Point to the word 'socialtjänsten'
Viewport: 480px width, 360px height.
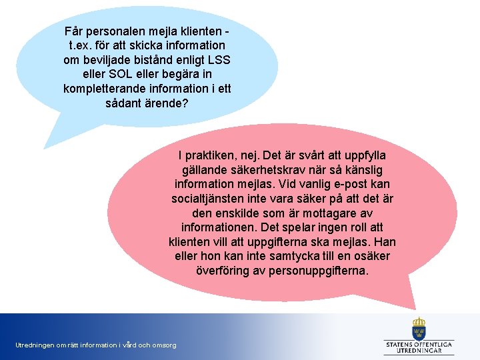click(208, 199)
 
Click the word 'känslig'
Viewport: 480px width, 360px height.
click(363, 170)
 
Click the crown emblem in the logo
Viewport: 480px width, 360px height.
click(419, 327)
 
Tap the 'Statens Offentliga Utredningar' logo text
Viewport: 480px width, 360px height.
click(419, 347)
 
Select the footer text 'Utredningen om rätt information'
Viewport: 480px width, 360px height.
click(96, 345)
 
